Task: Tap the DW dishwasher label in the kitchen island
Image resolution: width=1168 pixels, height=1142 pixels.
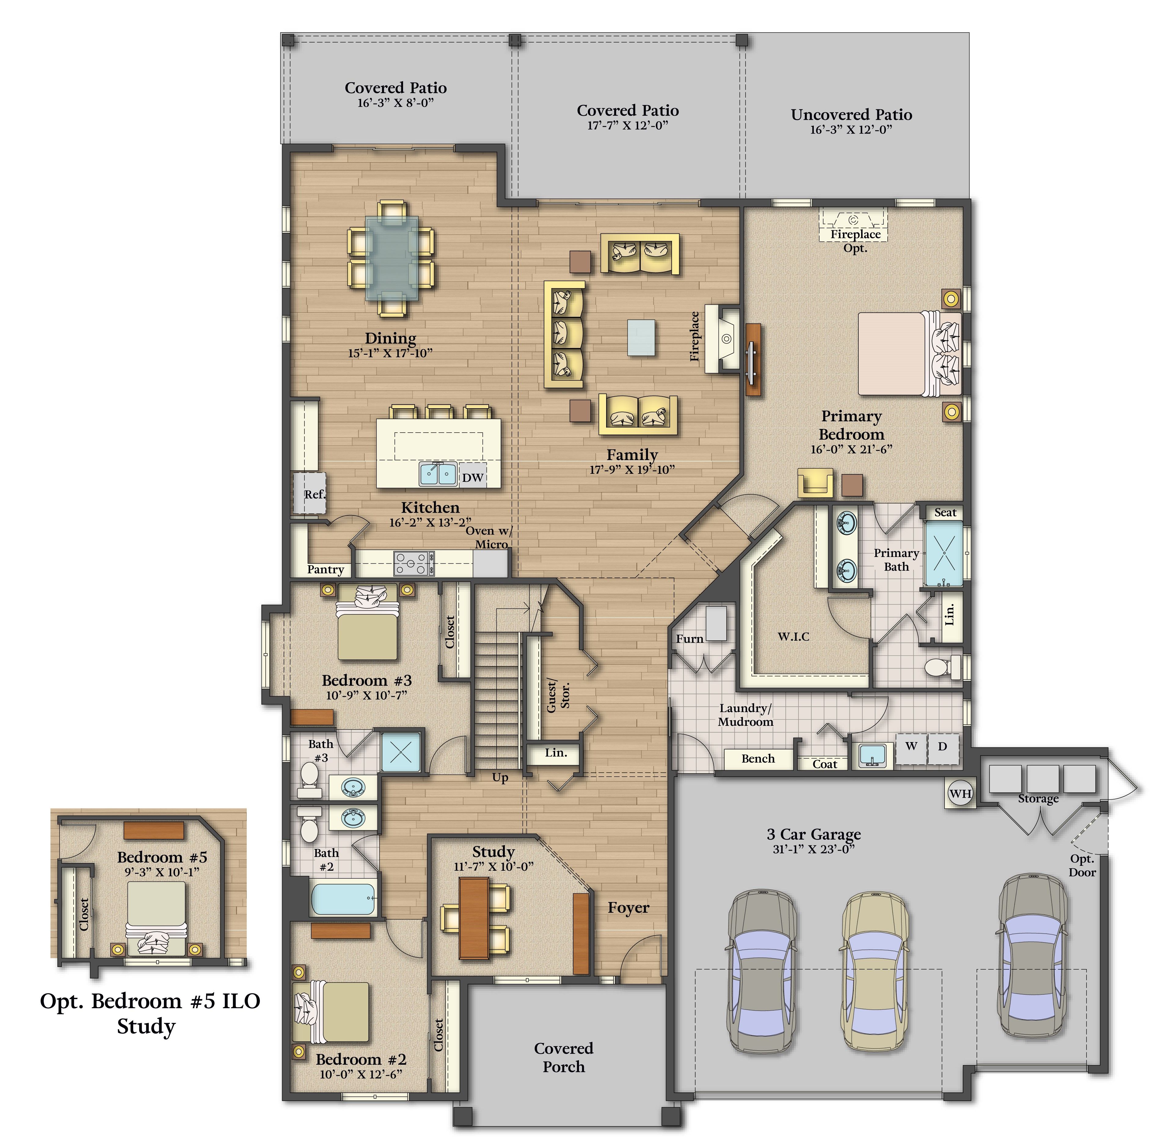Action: point(472,478)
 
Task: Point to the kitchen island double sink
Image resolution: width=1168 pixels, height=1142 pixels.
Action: point(438,474)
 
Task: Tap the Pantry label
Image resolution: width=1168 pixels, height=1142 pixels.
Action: point(326,569)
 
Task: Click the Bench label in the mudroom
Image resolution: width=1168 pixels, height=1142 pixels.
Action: point(758,758)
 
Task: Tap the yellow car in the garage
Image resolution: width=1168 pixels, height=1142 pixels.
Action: point(875,971)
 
